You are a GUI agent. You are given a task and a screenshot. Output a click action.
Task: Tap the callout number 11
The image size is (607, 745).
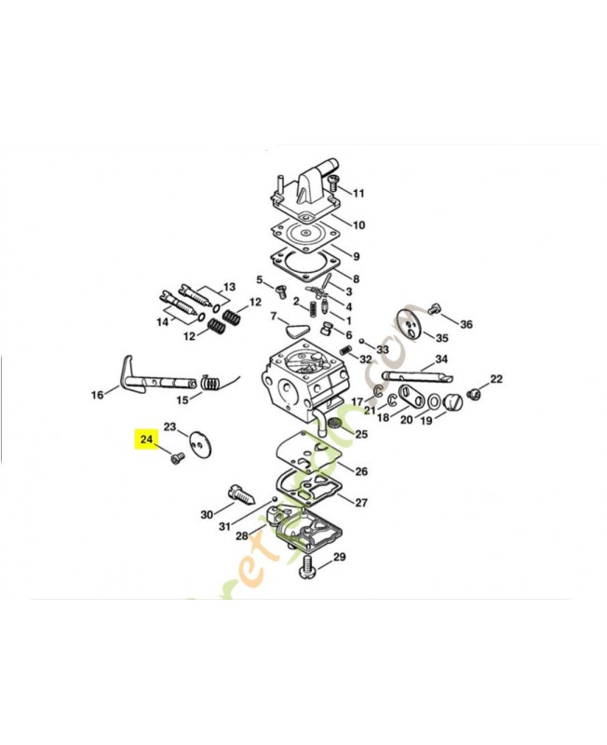[357, 194]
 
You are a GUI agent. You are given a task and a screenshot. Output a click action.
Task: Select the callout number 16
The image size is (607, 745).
[97, 395]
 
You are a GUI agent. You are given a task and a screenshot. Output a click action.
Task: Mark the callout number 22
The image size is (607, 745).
[495, 379]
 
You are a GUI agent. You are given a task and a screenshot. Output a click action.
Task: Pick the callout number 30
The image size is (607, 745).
[207, 514]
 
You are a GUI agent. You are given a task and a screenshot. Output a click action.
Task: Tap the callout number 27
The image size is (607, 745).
[360, 503]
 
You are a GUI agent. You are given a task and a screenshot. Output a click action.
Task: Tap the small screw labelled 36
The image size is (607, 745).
[434, 308]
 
